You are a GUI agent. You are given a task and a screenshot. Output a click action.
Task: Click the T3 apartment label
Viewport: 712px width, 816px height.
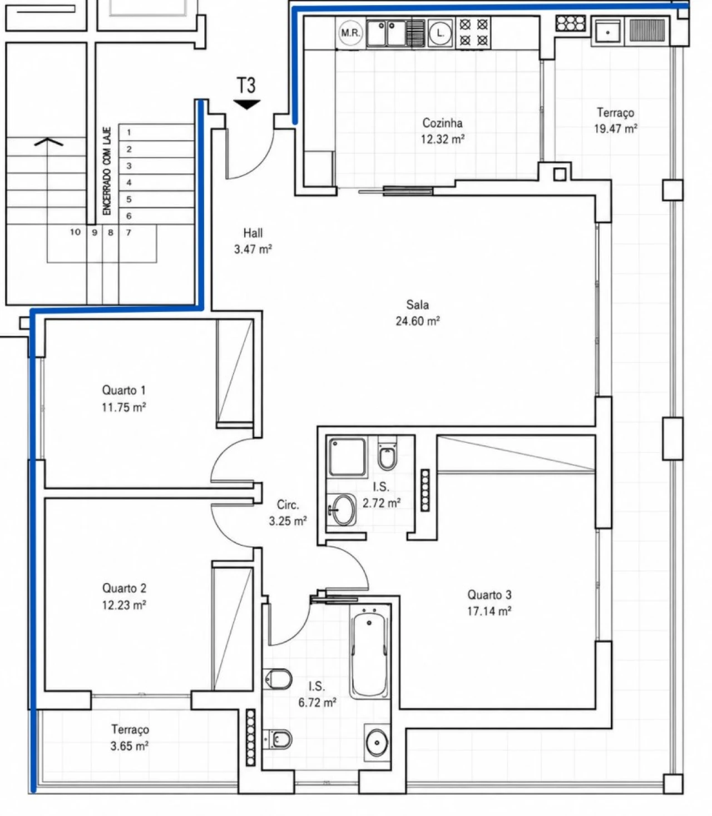(246, 86)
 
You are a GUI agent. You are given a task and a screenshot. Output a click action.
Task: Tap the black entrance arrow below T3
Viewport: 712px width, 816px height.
(246, 104)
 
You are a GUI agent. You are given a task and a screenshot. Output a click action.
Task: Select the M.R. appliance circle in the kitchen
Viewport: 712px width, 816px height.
(350, 33)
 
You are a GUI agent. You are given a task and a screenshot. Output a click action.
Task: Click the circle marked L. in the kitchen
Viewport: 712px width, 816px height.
(441, 33)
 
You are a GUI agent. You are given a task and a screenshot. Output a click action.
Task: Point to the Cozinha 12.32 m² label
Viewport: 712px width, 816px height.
(443, 131)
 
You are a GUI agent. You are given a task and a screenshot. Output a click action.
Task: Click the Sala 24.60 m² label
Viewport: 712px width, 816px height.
(417, 313)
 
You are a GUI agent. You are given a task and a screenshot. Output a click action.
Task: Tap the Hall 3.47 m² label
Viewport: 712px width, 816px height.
(253, 241)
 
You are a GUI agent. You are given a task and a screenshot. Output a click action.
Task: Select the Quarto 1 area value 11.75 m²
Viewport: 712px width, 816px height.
(123, 407)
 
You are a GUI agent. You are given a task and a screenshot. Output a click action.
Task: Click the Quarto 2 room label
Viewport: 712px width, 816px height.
(124, 588)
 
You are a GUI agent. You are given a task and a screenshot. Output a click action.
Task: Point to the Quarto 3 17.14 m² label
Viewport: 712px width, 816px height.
(489, 603)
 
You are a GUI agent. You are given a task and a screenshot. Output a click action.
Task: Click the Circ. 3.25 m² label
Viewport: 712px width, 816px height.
(288, 513)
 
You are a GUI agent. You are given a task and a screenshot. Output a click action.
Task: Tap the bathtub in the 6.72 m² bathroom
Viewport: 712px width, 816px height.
(369, 655)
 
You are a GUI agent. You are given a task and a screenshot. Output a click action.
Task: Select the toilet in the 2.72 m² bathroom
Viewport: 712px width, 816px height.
(387, 454)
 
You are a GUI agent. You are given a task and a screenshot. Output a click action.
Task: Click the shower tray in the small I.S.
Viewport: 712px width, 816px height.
(347, 457)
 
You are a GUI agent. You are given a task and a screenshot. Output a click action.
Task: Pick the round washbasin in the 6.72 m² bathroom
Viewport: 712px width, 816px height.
(377, 750)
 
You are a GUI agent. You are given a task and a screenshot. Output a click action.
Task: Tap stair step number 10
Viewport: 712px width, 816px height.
(76, 232)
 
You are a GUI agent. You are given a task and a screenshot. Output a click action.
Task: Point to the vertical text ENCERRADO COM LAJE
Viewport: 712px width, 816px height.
(107, 172)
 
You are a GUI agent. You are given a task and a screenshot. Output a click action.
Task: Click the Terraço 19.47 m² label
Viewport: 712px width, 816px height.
(615, 121)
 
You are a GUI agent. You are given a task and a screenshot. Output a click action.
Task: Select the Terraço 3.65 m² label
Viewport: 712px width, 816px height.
(130, 738)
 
